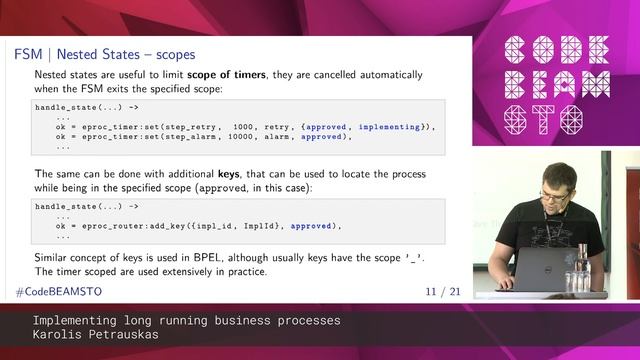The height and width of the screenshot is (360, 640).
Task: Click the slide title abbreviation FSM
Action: [28, 52]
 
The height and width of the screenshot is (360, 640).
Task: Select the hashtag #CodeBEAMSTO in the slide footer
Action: [58, 291]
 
